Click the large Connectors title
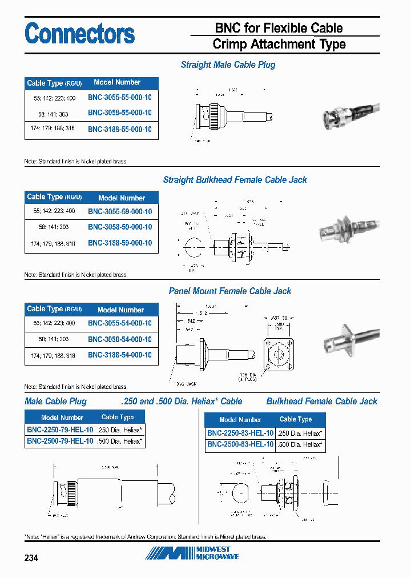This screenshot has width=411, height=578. [x=80, y=34]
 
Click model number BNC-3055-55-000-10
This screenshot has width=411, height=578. [x=120, y=98]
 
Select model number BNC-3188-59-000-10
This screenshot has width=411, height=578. [x=120, y=243]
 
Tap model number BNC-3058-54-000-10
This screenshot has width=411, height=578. [x=120, y=339]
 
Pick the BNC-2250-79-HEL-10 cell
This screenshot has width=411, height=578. [x=60, y=430]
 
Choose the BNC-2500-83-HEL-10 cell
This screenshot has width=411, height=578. [x=240, y=444]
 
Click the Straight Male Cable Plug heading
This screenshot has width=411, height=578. [x=228, y=65]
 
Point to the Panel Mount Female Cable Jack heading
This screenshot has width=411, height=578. [x=230, y=291]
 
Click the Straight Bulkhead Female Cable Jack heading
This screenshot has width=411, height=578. [x=235, y=180]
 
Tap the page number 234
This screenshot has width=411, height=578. [x=31, y=557]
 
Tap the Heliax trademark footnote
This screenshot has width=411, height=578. [x=146, y=537]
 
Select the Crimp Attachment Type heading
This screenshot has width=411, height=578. [x=279, y=44]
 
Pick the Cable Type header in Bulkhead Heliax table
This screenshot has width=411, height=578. [x=296, y=419]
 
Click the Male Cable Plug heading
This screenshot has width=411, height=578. [x=56, y=402]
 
